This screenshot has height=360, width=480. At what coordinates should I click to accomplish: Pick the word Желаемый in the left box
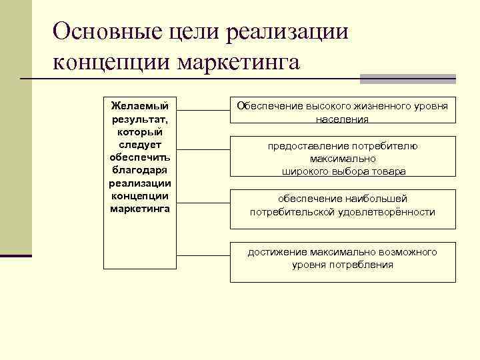pos(140,105)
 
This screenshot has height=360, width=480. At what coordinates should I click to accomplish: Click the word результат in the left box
pos(139,119)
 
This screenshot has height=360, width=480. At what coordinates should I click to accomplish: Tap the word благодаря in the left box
pos(140,170)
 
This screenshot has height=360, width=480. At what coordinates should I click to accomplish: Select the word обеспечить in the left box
pos(140,157)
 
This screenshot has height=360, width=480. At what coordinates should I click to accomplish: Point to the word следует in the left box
pos(140,144)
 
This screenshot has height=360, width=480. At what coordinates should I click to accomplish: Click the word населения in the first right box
pos(343,119)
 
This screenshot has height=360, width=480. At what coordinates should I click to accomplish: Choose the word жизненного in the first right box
pos(377,107)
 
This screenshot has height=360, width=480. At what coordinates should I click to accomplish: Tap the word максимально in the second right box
pos(343,159)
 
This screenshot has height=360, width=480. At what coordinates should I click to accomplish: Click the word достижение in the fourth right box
pos(275,252)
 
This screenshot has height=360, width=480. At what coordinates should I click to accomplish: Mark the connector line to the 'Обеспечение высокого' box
pos(203,109)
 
